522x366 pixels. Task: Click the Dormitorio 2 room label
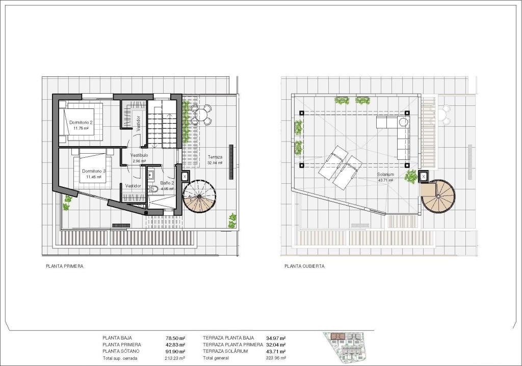tap(81, 123)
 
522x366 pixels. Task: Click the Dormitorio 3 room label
tap(94, 171)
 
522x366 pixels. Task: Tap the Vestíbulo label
tap(139, 155)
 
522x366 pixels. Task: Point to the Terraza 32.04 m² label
tap(215, 157)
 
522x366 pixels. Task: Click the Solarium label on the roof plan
tap(385, 174)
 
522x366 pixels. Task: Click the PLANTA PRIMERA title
tap(65, 266)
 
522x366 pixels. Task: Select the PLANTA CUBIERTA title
tap(304, 266)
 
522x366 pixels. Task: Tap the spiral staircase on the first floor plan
tap(199, 196)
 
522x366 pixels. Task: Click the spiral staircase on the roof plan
tap(439, 197)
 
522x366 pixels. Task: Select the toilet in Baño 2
tap(153, 189)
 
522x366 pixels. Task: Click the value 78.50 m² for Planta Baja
tap(175, 338)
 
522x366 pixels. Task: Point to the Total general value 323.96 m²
tap(276, 358)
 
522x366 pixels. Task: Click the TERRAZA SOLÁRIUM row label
tap(225, 351)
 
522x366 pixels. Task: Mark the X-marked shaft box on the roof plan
tap(423, 177)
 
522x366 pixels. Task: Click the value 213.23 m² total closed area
tap(175, 358)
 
